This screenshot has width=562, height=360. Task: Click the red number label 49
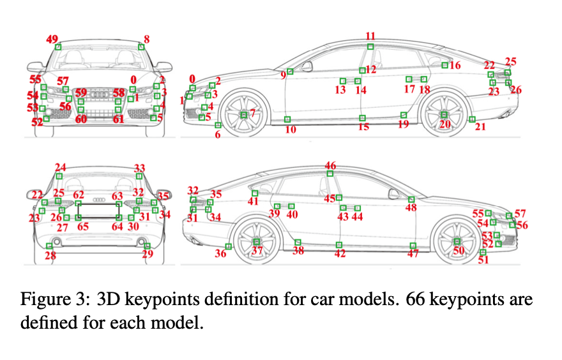pos(52,39)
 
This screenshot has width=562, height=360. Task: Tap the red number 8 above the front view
pos(147,39)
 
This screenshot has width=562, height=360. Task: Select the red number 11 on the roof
pos(370,36)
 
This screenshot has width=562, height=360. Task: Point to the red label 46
pos(330,165)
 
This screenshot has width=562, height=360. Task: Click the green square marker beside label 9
pos(290,71)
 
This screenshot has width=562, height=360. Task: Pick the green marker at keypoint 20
pos(444,114)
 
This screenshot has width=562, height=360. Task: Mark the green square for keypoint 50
pos(457,241)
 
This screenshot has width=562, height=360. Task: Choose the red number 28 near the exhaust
pos(50,256)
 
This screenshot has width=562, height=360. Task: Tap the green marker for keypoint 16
pos(445,65)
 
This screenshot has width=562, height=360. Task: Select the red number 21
pos(480,127)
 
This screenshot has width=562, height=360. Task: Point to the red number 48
pos(411,208)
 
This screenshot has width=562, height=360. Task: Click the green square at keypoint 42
pos(339,244)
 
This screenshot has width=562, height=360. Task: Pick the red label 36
pos(221,253)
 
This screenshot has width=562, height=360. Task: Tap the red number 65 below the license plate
pos(83,227)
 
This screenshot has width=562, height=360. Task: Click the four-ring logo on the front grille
pos(100,94)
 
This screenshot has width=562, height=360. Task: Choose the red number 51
pos(483,260)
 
